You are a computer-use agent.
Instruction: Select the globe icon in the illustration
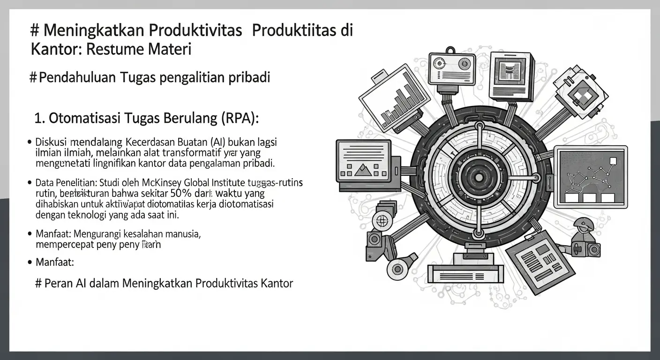(x=382, y=220)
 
